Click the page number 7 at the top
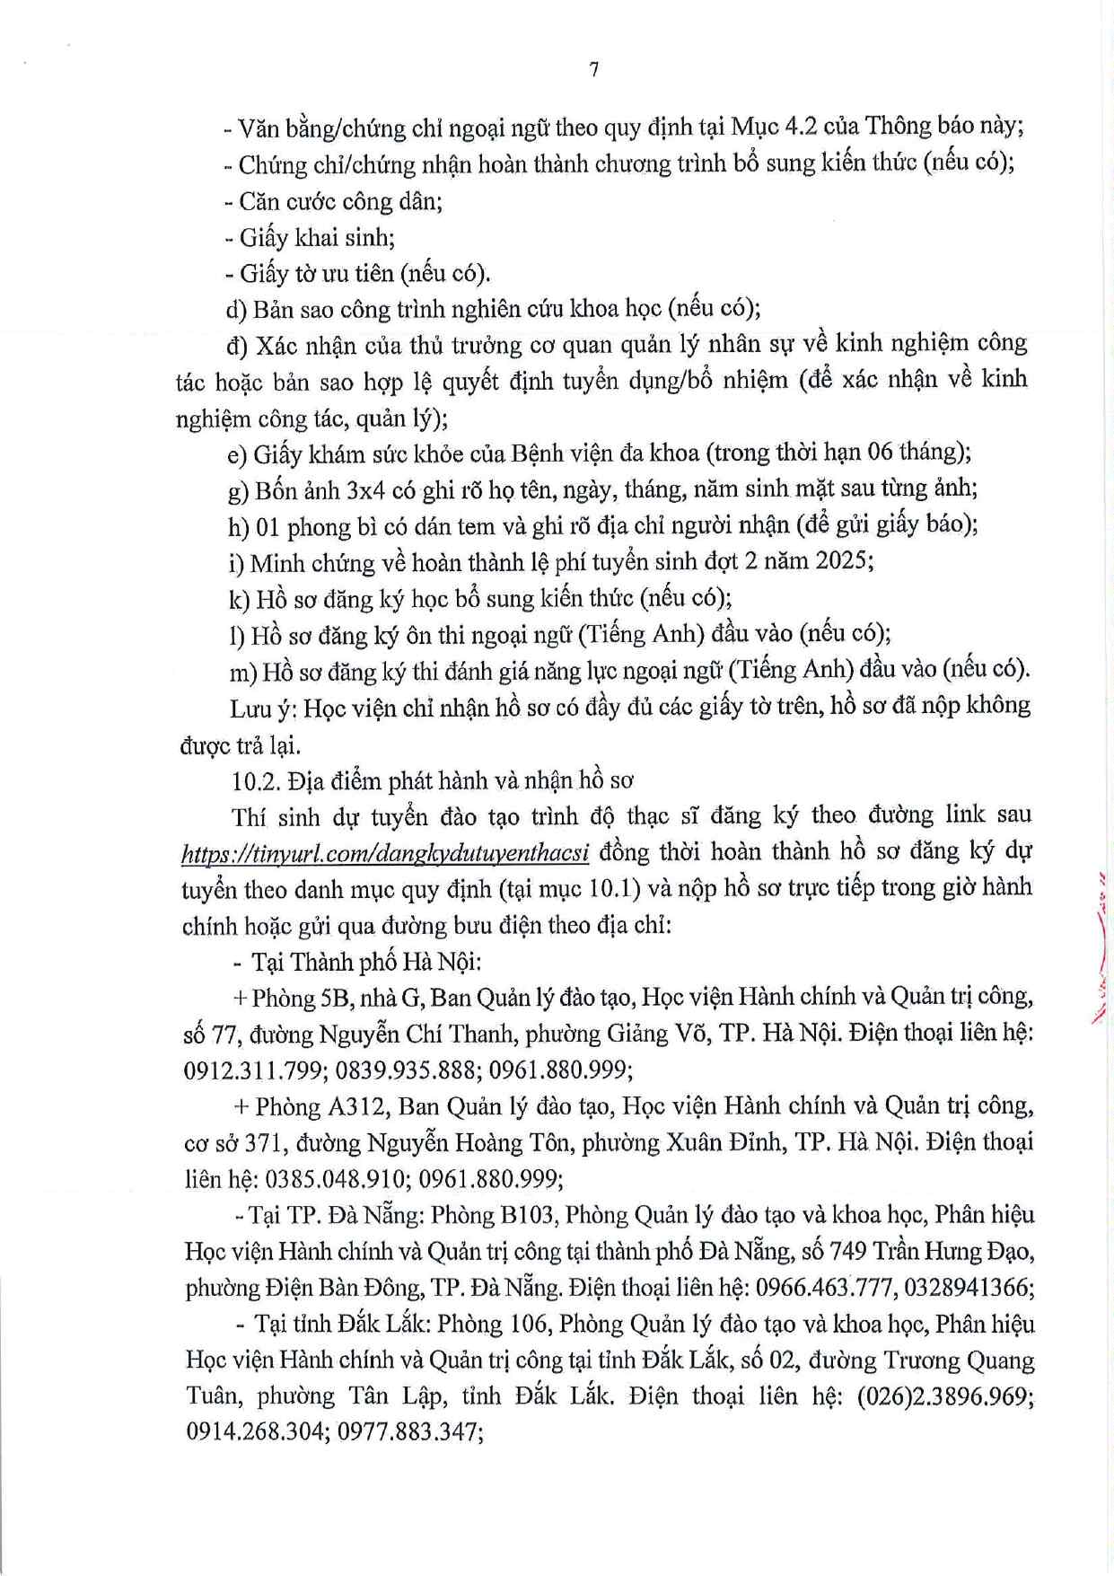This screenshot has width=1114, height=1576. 593,70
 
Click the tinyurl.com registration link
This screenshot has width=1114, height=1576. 385,852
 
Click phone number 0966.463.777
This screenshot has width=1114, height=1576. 824,1288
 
